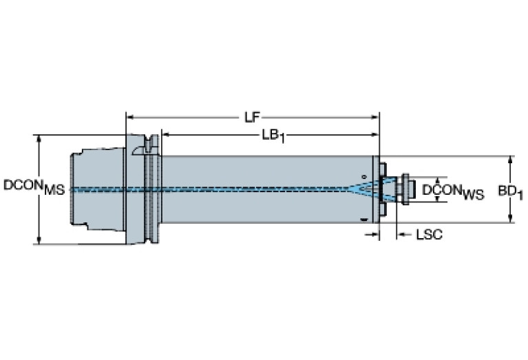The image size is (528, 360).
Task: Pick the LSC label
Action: point(428,235)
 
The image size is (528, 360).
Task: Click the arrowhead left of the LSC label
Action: point(400,235)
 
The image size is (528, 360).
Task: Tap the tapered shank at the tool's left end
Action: point(97,189)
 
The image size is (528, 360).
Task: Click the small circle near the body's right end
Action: point(364,176)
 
